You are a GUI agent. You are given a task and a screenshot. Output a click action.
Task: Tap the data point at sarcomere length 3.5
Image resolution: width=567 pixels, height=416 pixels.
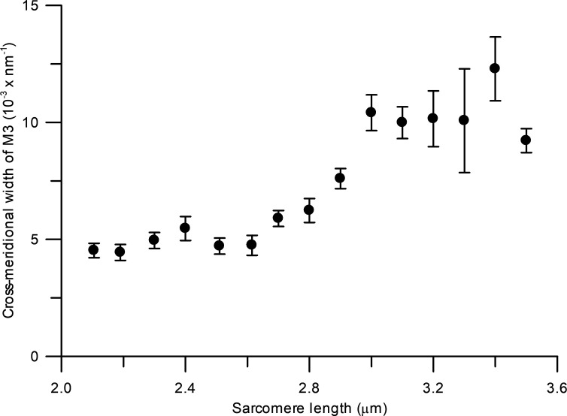526,140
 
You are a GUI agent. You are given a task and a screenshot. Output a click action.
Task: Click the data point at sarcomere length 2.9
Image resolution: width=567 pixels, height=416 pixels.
340,179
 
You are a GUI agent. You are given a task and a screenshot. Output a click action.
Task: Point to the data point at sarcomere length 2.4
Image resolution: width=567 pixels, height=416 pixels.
185,228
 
